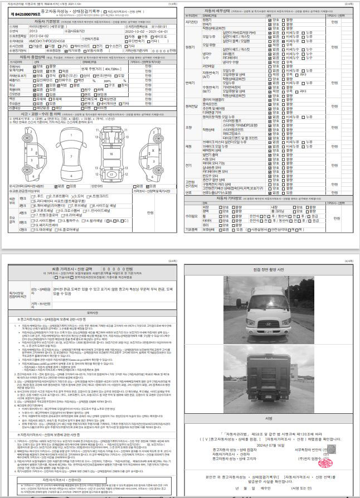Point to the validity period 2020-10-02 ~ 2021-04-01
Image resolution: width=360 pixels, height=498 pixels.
[x=147, y=31]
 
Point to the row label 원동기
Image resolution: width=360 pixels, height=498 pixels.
[x=191, y=47]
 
